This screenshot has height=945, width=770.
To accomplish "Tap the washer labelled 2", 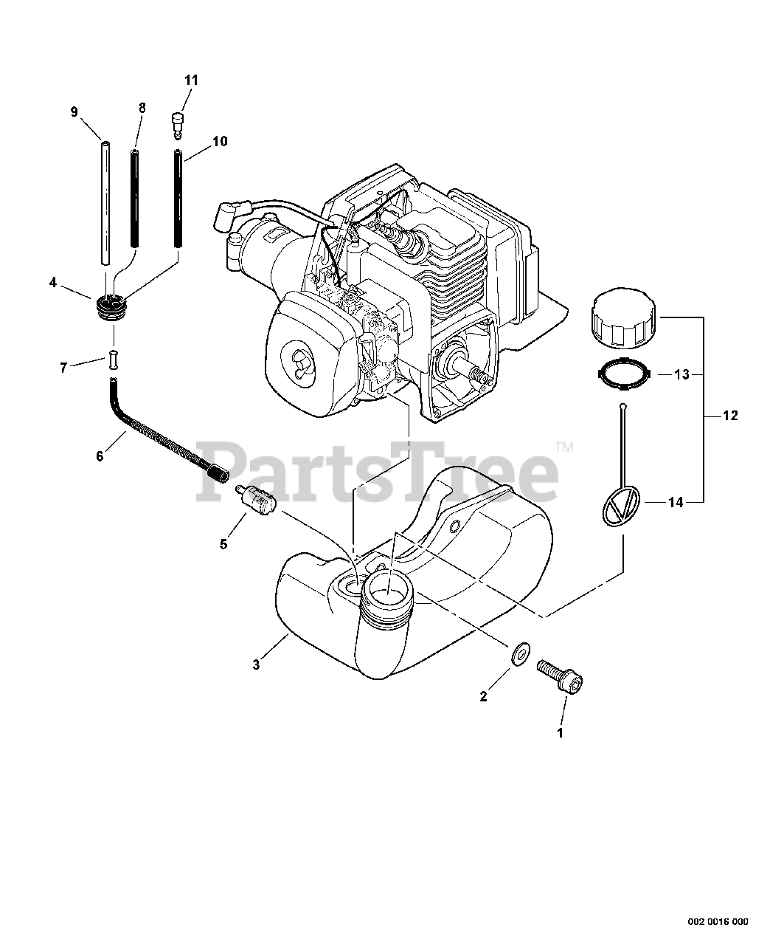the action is (x=520, y=653).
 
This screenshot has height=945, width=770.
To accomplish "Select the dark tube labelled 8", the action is (x=136, y=199).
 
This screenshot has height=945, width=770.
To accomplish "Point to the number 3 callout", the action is (x=256, y=664).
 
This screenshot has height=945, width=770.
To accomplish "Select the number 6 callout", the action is (x=100, y=456).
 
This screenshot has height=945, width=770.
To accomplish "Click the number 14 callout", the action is (x=676, y=503).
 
